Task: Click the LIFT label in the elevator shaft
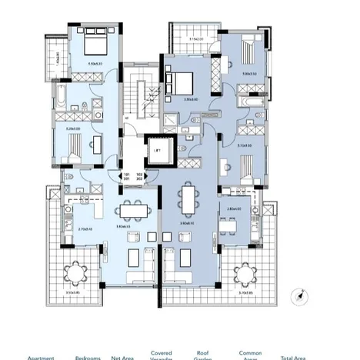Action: tap(156, 151)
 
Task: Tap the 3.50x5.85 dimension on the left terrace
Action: tap(74, 292)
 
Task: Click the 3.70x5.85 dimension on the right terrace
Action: tap(247, 292)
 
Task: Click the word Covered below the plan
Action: tap(161, 353)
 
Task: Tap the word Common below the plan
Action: tap(251, 353)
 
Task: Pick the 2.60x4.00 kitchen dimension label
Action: tap(230, 208)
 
